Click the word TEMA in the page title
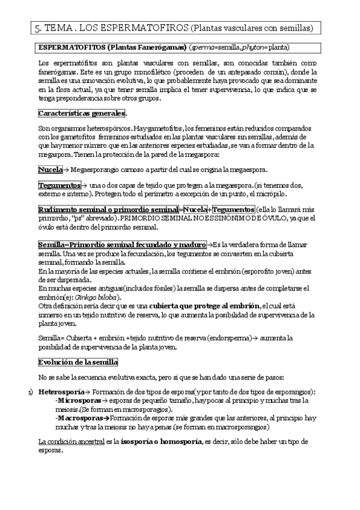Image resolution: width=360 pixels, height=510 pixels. pos(59,28)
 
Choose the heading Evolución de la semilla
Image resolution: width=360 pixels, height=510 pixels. pos(78,362)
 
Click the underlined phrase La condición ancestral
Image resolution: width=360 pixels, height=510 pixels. pos(71,441)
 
